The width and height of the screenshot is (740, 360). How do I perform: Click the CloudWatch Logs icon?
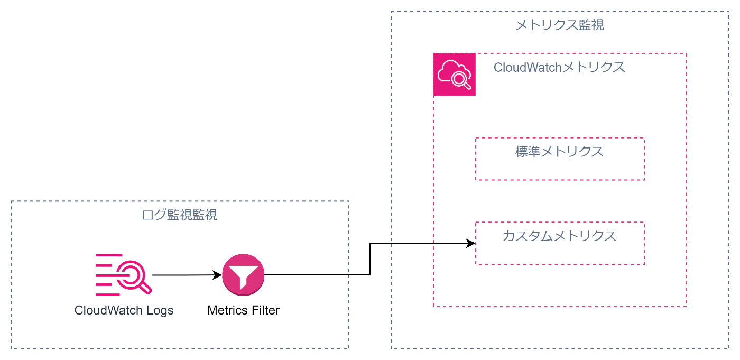[x=124, y=275]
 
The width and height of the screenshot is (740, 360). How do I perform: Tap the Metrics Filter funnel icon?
[x=243, y=275]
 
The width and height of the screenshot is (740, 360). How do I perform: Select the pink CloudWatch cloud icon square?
[x=454, y=75]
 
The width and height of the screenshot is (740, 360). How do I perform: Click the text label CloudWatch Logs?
[x=124, y=310]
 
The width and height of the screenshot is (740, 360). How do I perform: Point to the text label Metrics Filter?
[x=243, y=310]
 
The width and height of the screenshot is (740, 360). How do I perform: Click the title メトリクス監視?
[x=560, y=25]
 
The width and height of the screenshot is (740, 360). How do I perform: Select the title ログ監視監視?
[x=179, y=215]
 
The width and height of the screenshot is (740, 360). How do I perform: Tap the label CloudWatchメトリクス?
[x=559, y=67]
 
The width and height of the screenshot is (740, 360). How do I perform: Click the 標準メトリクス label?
[x=560, y=152]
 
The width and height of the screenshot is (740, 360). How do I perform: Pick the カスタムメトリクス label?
[x=560, y=236]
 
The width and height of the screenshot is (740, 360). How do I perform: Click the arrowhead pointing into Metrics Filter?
[x=217, y=275]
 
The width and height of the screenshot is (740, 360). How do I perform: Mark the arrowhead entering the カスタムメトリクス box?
[x=470, y=243]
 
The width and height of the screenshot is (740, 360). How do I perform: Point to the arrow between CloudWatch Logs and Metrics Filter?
[x=187, y=275]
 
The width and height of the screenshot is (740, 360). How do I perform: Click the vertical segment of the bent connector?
[x=370, y=259]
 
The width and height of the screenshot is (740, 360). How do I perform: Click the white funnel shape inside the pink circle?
[x=243, y=277]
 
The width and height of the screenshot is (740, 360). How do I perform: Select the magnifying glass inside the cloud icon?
[x=461, y=80]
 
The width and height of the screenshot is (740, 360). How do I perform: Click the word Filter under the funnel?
[x=265, y=310]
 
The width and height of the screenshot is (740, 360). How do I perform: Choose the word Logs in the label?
[x=160, y=310]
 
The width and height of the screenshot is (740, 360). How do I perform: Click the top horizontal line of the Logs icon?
[x=109, y=255]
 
